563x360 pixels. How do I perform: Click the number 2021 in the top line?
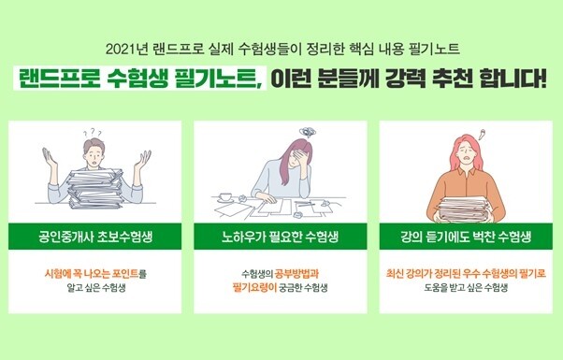pyautogui.click(x=122, y=48)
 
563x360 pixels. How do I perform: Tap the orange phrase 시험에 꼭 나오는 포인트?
pyautogui.click(x=91, y=273)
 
